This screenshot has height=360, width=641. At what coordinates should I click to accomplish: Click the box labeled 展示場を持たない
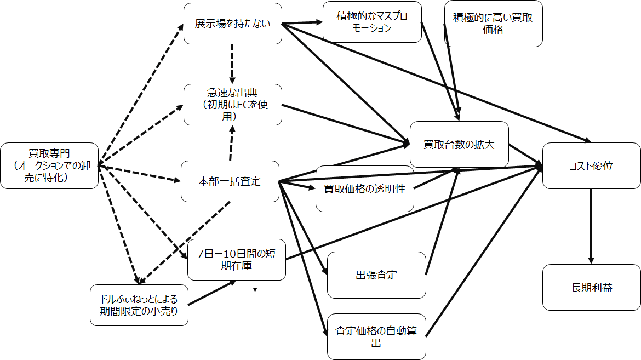pos(233,24)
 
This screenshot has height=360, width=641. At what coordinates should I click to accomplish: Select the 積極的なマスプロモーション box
pos(372,22)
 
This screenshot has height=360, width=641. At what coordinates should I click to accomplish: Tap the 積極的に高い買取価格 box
pos(493,24)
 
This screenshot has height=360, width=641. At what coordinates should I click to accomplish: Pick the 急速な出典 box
pos(233,105)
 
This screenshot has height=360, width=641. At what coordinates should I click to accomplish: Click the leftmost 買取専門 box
pos(49,165)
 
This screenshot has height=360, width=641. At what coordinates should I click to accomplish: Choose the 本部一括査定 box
pos(230,181)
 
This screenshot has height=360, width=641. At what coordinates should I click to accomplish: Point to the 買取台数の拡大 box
pos(459,145)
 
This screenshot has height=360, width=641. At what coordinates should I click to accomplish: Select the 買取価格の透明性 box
pos(364,189)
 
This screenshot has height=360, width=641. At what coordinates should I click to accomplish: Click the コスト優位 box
pos(591,166)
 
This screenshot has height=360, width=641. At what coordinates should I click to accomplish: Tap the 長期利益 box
pos(591,287)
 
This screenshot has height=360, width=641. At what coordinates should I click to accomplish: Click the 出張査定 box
pos(376,275)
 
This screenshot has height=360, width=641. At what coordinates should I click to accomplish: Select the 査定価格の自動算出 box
pos(376,337)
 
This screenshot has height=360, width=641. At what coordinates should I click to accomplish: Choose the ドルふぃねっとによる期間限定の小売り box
pos(139,305)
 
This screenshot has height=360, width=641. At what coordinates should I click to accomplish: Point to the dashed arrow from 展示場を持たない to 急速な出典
pos(232,64)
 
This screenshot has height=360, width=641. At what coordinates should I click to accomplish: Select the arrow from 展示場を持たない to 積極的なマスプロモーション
pos(302,23)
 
